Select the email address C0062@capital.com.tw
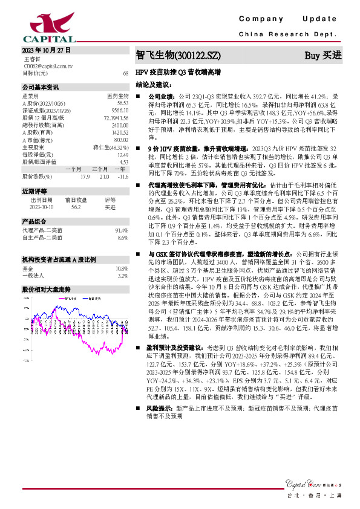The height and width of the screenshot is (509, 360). (x=48, y=66)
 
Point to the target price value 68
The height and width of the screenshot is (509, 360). (x=125, y=73)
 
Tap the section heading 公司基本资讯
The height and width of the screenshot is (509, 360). (x=41, y=87)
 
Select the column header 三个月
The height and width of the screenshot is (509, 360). (x=100, y=169)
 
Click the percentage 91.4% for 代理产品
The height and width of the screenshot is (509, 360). (x=122, y=230)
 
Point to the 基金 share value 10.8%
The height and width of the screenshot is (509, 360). (x=122, y=268)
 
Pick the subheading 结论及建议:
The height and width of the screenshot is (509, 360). (x=152, y=85)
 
